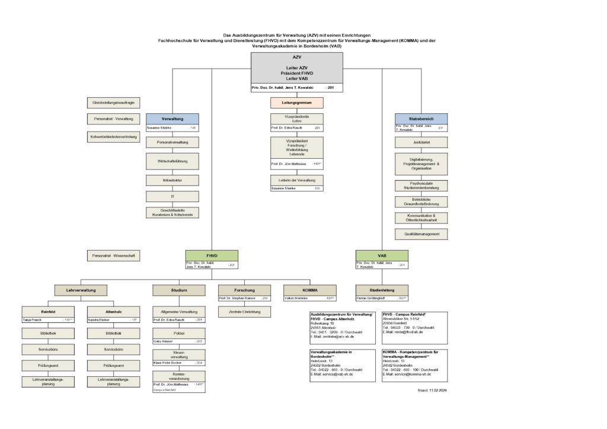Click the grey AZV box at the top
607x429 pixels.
(x=296, y=68)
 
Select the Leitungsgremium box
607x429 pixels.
(x=296, y=103)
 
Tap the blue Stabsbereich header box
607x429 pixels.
(x=421, y=119)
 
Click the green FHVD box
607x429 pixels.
(x=212, y=255)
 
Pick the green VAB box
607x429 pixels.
(x=382, y=255)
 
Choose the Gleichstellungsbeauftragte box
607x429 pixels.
(x=113, y=103)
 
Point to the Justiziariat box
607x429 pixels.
(x=421, y=142)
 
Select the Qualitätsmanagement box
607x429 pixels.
(x=421, y=234)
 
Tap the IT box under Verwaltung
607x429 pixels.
(x=172, y=196)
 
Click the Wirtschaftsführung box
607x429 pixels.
(x=172, y=161)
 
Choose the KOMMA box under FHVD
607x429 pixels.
(x=310, y=290)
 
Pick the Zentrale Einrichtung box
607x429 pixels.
(x=244, y=311)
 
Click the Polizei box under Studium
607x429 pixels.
(x=179, y=334)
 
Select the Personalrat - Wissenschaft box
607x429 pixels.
(x=113, y=256)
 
